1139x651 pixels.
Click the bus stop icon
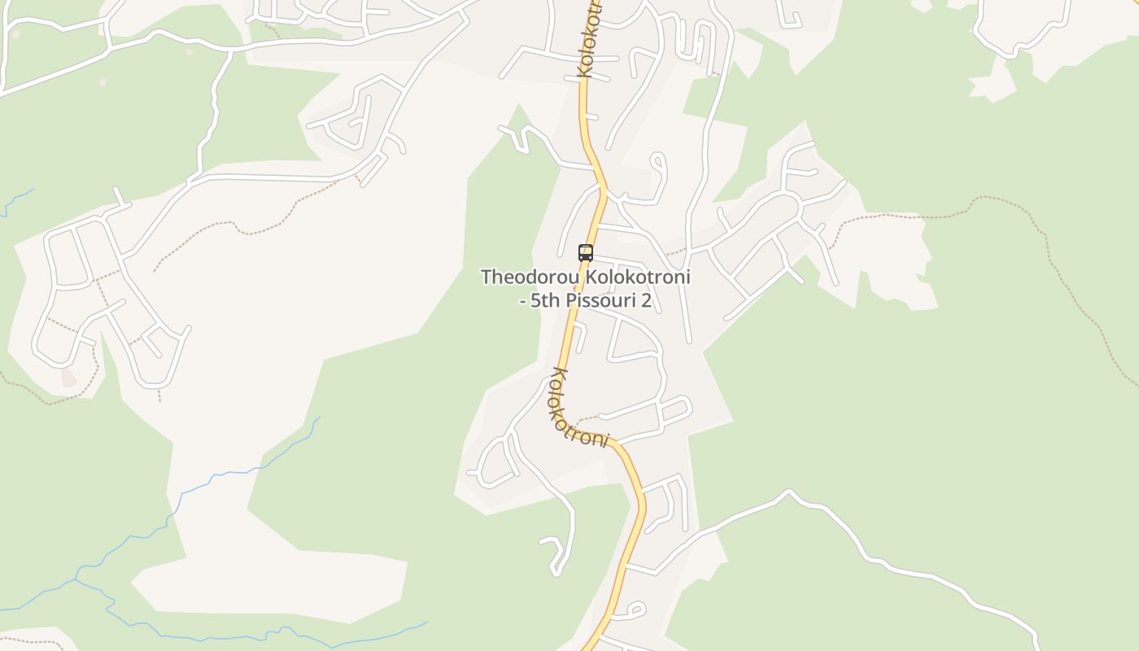click(585, 252)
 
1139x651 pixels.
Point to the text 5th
click(546, 300)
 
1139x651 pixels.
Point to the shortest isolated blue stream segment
click(18, 201)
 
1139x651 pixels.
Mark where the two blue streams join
click(76, 580)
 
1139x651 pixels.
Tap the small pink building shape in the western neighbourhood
click(68, 378)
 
